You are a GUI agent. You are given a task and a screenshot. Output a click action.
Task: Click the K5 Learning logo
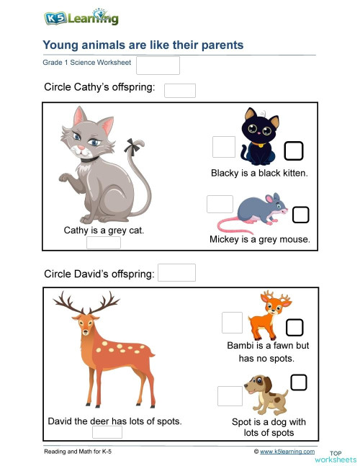point(81,18)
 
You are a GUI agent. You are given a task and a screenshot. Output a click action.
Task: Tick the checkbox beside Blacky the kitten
point(294,151)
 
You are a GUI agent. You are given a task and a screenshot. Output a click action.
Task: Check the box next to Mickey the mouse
point(301,215)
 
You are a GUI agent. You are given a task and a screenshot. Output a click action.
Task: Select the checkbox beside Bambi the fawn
point(294,328)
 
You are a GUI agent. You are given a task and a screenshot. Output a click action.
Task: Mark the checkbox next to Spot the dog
point(299,382)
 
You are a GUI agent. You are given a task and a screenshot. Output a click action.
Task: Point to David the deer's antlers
point(87,303)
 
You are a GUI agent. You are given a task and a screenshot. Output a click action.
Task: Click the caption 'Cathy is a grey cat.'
point(104,230)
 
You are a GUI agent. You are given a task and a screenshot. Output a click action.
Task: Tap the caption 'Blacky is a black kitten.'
point(259,173)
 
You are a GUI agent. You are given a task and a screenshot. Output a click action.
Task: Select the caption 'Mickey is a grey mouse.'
point(260,239)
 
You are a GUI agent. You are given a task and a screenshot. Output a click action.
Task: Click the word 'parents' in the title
point(219,45)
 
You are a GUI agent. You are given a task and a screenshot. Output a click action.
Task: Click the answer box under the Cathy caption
point(104,243)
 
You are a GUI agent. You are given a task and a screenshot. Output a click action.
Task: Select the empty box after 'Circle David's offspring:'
point(176,273)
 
